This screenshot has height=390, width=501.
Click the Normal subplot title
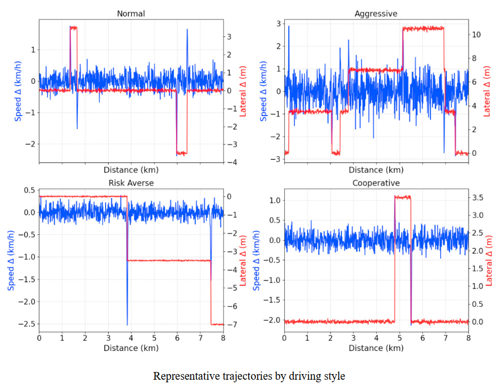[x=131, y=14]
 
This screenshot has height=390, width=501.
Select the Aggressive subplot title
[x=376, y=14]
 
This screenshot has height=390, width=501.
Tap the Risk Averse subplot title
[x=131, y=183]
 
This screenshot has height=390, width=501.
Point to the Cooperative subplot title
[x=376, y=183]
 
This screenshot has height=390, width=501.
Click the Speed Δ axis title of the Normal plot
[x=19, y=91]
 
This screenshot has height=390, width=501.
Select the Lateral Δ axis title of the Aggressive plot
[x=488, y=91]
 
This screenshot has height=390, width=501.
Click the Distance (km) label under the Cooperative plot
[x=376, y=348]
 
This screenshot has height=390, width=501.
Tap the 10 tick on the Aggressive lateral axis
[x=477, y=34]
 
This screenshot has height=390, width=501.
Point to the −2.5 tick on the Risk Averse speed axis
[x=24, y=324]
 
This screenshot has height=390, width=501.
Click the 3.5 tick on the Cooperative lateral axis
[x=478, y=197]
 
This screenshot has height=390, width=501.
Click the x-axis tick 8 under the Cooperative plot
[x=468, y=338]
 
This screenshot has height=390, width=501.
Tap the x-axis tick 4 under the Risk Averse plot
[x=131, y=338]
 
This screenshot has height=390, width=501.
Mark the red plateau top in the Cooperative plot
[x=403, y=197]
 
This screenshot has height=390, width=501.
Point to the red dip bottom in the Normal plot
[x=181, y=153]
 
